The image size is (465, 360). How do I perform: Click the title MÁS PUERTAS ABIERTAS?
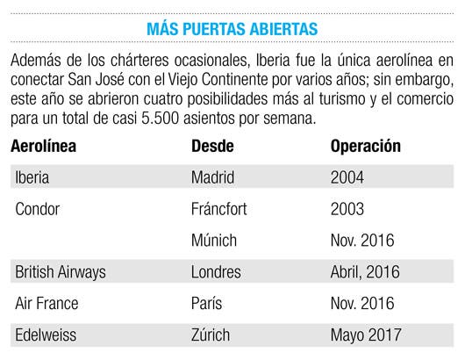[x=232, y=28]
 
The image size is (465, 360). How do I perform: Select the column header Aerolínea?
[x=43, y=146]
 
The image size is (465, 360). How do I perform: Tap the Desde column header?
[x=212, y=146]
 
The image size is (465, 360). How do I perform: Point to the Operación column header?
[x=365, y=147]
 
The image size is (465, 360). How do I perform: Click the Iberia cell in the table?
[x=32, y=177]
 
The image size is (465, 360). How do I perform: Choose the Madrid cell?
[x=212, y=177]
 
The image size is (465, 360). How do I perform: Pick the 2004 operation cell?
[x=347, y=177]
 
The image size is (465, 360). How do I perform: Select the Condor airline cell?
[x=38, y=209]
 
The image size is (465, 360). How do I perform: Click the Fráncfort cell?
[x=218, y=209]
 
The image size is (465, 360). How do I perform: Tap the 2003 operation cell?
[x=347, y=209]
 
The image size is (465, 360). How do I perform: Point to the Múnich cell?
[x=214, y=240]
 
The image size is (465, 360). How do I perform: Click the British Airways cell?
[x=61, y=272]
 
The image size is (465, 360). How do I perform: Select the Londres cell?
[x=216, y=272]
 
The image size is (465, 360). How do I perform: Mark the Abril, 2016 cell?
[x=365, y=272]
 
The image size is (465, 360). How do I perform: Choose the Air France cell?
[x=46, y=303]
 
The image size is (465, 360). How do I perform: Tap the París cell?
[x=206, y=303]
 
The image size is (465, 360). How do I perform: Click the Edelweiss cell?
[x=46, y=335]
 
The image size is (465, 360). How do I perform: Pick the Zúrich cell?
[x=211, y=335]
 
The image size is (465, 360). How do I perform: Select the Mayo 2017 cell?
[x=366, y=335]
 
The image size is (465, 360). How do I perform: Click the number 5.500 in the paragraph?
[x=161, y=119]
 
